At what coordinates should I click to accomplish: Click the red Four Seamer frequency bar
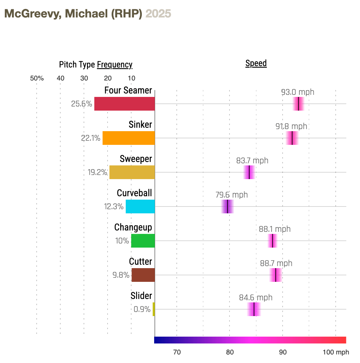coord(124,104)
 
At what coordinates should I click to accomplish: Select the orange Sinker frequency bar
coord(128,138)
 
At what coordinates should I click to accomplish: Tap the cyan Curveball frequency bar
coord(140,206)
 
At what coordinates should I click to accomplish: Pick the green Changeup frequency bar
coord(143,241)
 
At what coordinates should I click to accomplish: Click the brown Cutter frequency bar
coord(143,275)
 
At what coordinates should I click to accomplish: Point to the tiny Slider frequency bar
coord(154,309)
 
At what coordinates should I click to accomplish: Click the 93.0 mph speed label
coord(297,92)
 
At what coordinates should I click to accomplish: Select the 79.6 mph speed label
coord(232,195)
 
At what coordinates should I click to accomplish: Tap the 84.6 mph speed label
coord(256,298)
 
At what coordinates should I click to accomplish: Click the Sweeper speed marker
coord(249,172)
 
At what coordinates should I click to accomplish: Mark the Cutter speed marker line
coord(276,275)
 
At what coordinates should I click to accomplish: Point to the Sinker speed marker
coord(292,138)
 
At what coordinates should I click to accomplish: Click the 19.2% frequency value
coord(97,172)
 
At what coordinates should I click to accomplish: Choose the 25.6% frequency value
coord(81,104)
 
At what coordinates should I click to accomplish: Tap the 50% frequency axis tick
coord(37,78)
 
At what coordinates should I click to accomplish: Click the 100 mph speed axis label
coord(336,352)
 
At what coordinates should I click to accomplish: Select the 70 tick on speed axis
coord(177,352)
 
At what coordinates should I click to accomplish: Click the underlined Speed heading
coord(256,63)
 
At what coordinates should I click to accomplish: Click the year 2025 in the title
coord(158,14)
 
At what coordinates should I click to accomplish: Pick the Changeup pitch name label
coord(133,227)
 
